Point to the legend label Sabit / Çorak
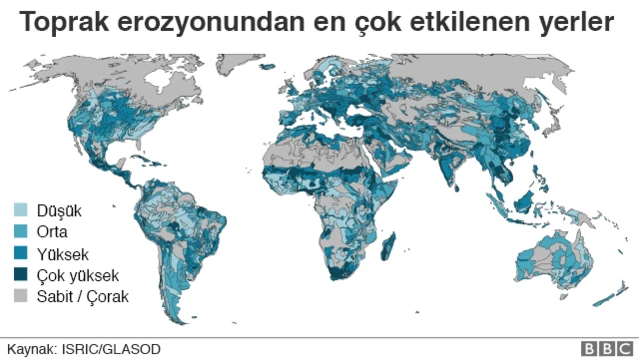(82, 296)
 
